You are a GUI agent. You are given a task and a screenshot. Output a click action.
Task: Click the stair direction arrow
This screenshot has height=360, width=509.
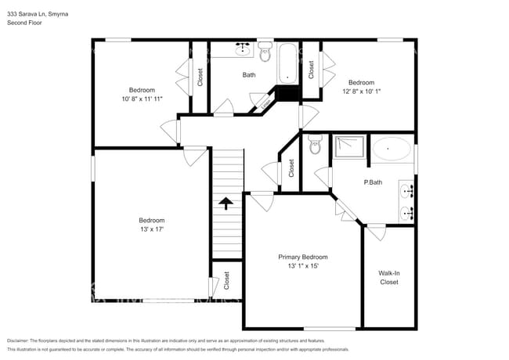coord(226,203)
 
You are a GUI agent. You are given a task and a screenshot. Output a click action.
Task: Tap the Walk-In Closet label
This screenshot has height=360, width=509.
coord(389,277)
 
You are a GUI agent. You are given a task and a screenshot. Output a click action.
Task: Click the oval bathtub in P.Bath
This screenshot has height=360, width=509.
coord(391,149)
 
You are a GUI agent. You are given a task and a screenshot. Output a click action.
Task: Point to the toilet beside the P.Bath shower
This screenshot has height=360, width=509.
coord(315,144)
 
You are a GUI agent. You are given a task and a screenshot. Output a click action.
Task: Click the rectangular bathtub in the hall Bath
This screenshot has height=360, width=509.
coord(286,63)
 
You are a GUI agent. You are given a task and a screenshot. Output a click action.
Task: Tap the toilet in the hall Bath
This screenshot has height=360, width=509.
coord(264,54)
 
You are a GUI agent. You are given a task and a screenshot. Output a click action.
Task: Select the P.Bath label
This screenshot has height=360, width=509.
coord(373,182)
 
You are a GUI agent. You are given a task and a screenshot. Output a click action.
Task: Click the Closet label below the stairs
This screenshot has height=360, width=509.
coord(226,280)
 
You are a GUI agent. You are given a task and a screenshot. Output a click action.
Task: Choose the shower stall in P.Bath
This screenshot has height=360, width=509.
coord(348,149)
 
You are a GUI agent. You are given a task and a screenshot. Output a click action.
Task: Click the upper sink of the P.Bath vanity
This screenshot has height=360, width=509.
coord(408,190)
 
